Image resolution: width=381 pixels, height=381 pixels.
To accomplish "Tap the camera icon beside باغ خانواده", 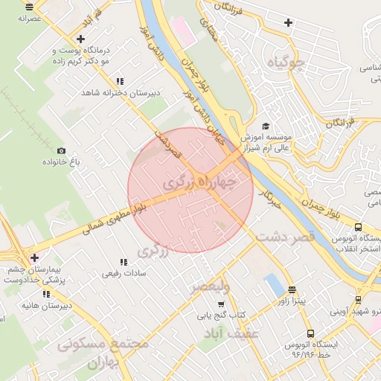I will pyautogui.click(x=61, y=150).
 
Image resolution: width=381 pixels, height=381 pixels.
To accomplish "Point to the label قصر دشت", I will pyautogui.click(x=286, y=236).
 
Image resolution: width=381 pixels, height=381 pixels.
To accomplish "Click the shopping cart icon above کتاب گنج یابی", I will pyautogui.click(x=221, y=303).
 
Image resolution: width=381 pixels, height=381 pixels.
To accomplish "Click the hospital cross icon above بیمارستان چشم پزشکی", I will pyautogui.click(x=35, y=257).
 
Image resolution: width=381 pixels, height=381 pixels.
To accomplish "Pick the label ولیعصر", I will pyautogui.click(x=211, y=286).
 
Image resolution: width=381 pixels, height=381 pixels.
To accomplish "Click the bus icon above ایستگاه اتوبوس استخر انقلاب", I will pyautogui.click(x=359, y=228).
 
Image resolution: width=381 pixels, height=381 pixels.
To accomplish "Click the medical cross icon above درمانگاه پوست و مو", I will pyautogui.click(x=80, y=39).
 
